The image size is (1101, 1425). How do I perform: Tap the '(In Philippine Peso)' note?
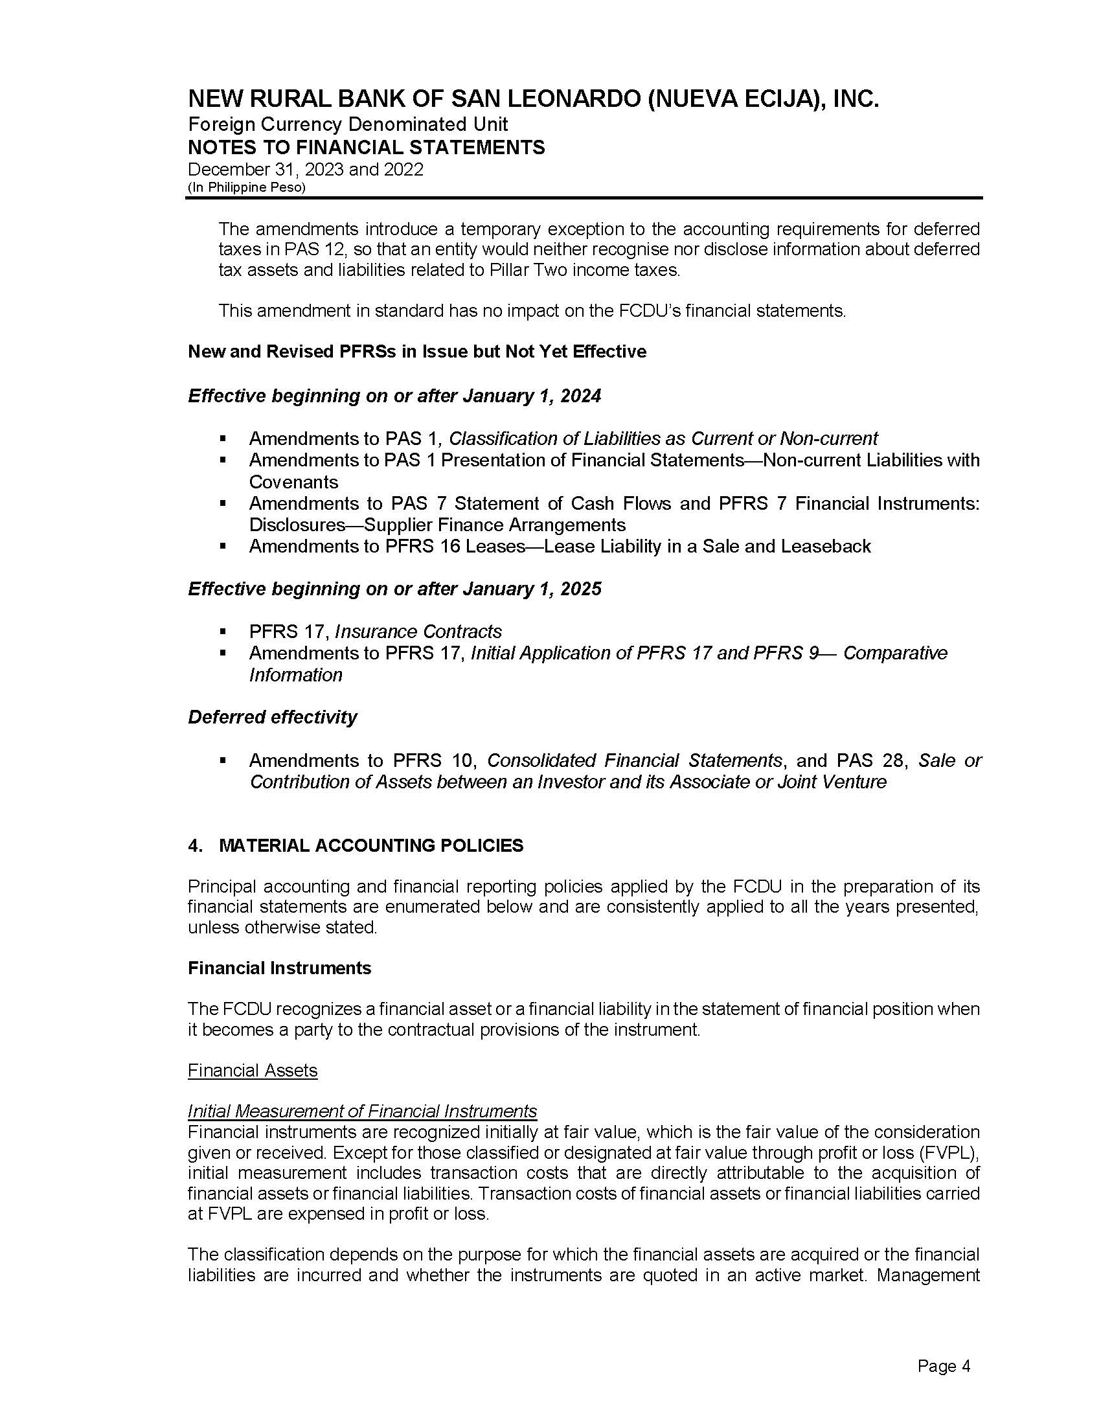[247, 187]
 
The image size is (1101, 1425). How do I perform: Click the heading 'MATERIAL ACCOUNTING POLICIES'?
[371, 845]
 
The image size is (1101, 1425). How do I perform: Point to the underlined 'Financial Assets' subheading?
[253, 1071]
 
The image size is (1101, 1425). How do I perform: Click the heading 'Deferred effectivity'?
[272, 717]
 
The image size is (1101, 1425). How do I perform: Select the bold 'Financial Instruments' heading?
[279, 968]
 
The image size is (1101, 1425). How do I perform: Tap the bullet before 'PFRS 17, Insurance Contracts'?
[223, 632]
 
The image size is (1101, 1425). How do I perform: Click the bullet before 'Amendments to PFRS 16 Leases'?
[223, 546]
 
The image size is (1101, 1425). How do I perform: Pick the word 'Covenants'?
[293, 482]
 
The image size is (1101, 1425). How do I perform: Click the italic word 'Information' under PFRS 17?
[295, 675]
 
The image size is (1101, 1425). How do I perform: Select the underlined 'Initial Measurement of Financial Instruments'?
[362, 1111]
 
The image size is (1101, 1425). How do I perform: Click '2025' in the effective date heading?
[582, 589]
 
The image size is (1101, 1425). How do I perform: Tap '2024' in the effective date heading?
[582, 396]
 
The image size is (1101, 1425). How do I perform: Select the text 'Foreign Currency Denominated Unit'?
[348, 124]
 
